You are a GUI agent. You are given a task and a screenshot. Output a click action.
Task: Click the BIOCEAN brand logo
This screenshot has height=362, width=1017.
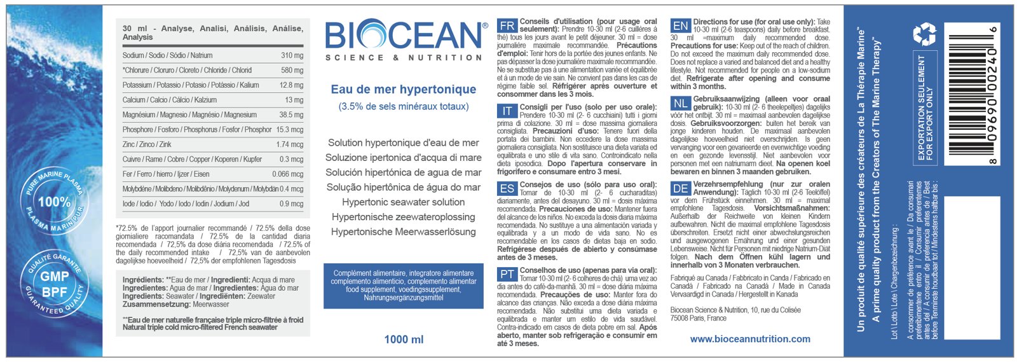[x=404, y=36]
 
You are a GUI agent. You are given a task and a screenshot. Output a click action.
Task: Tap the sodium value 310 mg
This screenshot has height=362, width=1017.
[x=292, y=55]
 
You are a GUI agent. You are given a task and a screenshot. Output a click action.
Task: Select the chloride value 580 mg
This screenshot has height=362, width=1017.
[x=292, y=70]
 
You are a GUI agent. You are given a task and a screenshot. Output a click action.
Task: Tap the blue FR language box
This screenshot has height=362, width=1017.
[x=507, y=25]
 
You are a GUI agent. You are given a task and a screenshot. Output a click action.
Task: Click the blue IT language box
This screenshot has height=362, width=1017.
[x=507, y=111]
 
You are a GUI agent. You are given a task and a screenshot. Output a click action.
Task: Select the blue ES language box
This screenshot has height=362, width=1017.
[x=507, y=189]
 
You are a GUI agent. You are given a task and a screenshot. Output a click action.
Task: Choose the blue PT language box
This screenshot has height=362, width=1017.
[x=507, y=274]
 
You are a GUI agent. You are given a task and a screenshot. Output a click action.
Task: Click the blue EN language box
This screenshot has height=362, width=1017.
[x=681, y=25]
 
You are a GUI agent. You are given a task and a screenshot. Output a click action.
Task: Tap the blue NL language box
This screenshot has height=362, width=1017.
[x=681, y=103]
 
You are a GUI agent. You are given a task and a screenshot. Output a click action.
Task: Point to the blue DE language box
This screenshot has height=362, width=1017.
[x=681, y=188]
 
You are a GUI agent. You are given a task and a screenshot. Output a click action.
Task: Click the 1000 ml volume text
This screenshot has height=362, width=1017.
[x=404, y=340]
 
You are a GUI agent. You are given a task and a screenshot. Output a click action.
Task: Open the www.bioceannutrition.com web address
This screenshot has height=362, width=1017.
[x=750, y=339]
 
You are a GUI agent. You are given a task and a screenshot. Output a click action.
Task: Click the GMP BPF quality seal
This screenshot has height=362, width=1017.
[x=55, y=284]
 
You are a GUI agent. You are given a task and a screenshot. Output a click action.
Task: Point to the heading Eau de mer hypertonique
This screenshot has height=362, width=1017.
[x=404, y=90]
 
